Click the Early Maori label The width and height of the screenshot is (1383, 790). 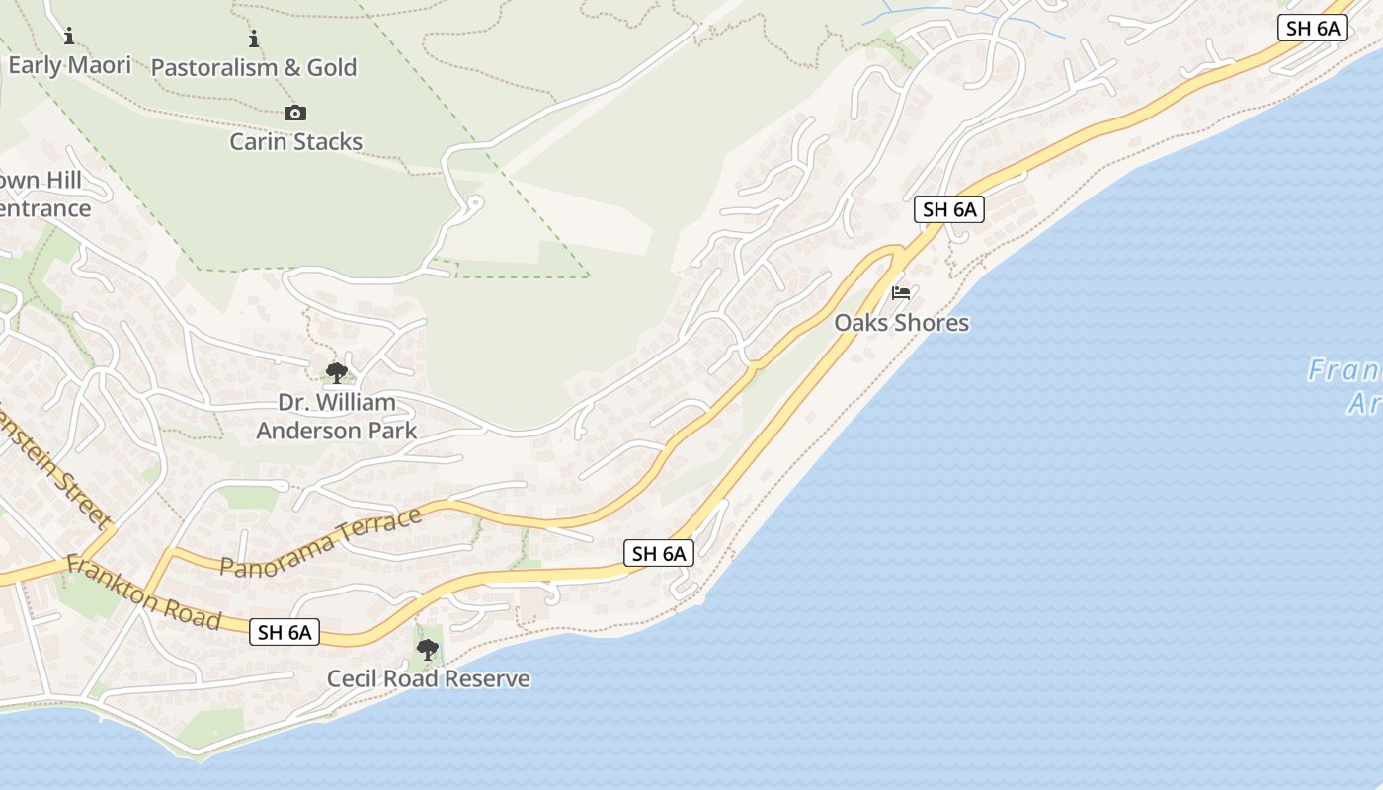pos(69,66)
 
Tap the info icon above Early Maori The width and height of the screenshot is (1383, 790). pos(69,38)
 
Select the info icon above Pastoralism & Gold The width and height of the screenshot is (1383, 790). pos(254,39)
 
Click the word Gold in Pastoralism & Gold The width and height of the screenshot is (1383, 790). pos(332,68)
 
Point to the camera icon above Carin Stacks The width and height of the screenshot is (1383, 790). pos(294,114)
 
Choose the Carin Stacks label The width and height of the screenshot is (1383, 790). pos(295,142)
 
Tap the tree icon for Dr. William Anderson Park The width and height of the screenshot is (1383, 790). pos(337,373)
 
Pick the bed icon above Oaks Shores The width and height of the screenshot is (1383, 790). pos(901,293)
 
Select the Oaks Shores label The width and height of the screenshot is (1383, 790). pos(901,323)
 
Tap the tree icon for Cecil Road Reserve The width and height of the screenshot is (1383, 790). pos(428,650)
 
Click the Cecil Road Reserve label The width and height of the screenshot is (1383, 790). pos(428,679)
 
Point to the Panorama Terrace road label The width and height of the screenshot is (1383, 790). pos(320,542)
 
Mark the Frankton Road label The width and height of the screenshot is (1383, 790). pos(143,592)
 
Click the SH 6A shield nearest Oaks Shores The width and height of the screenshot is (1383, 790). pos(948,209)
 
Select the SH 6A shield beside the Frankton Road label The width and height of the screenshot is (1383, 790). pos(285,632)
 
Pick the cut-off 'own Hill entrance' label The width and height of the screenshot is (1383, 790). pos(44,195)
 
